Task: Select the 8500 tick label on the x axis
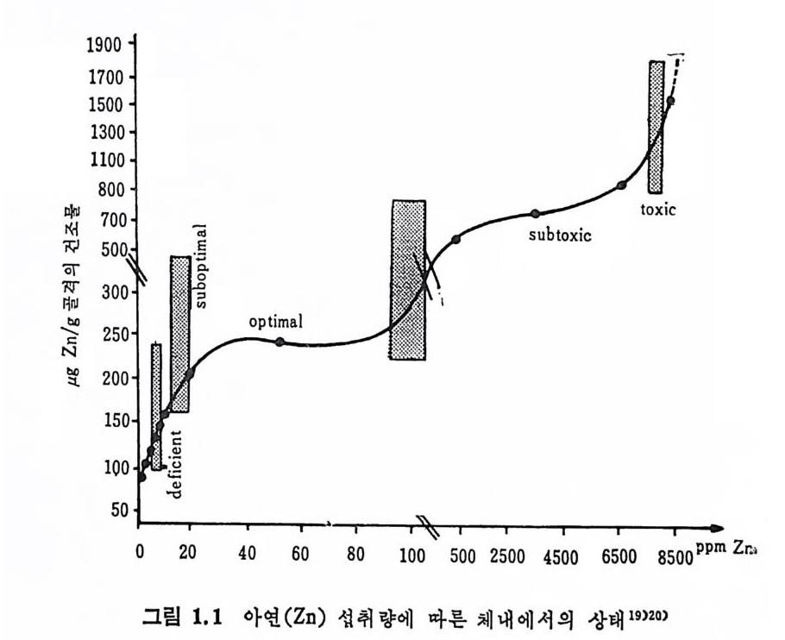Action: pos(674,556)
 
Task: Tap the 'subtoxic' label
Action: pos(561,233)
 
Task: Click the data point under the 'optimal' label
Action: pos(279,342)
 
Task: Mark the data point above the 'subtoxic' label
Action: pos(535,214)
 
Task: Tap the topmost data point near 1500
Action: pos(670,100)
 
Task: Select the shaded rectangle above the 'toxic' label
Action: pos(656,127)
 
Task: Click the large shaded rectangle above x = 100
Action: pos(408,279)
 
